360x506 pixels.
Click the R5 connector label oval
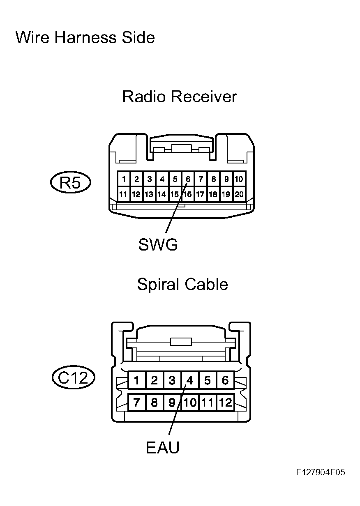click(71, 182)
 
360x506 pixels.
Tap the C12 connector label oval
click(74, 377)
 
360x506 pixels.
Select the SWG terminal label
click(158, 245)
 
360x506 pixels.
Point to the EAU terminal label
click(163, 448)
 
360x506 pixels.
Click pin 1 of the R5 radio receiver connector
click(124, 179)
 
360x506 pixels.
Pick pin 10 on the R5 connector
click(239, 179)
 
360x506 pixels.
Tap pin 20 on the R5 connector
click(239, 194)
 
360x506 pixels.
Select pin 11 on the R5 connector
click(123, 194)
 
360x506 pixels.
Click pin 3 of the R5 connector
click(149, 179)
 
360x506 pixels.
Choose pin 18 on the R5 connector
click(213, 194)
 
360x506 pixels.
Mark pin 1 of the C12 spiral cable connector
click(137, 380)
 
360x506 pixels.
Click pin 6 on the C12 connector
click(225, 380)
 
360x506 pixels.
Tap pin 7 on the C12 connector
click(137, 402)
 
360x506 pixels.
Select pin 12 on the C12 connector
click(225, 402)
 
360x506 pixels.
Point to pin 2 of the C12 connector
click(155, 380)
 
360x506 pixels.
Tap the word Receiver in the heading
click(204, 97)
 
